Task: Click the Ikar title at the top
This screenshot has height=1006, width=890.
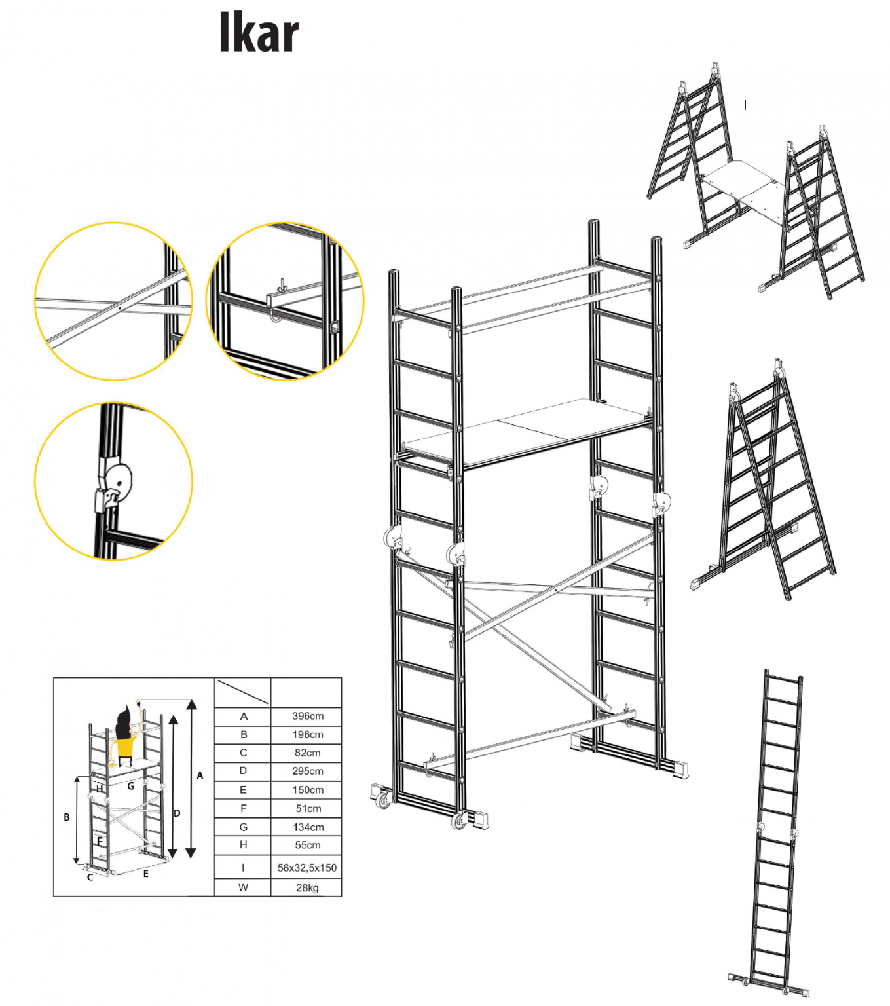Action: coord(259,33)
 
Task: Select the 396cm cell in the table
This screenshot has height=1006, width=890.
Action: coord(307,716)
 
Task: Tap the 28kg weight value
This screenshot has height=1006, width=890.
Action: coord(307,887)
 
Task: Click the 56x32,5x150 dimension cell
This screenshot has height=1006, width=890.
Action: coord(306,868)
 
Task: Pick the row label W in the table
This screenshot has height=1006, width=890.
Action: coord(243,887)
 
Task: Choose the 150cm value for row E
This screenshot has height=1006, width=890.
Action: coord(307,790)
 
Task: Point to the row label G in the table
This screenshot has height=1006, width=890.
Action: coord(243,827)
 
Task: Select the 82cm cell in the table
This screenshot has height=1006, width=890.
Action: coord(307,753)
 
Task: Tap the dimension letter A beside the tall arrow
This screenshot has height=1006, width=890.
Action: coord(200,775)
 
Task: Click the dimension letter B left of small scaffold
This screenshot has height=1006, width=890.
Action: coord(66,817)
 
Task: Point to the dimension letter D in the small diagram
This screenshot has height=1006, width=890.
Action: coord(177,813)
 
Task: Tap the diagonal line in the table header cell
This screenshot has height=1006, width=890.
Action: coord(242,692)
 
